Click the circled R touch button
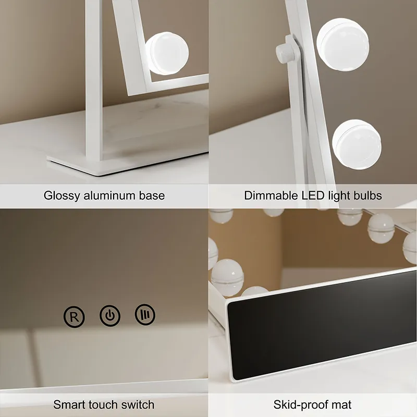click(x=73, y=316)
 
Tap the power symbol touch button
click(x=110, y=316)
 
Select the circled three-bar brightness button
click(x=145, y=314)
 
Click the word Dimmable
click(x=269, y=196)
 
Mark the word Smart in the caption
click(x=69, y=404)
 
